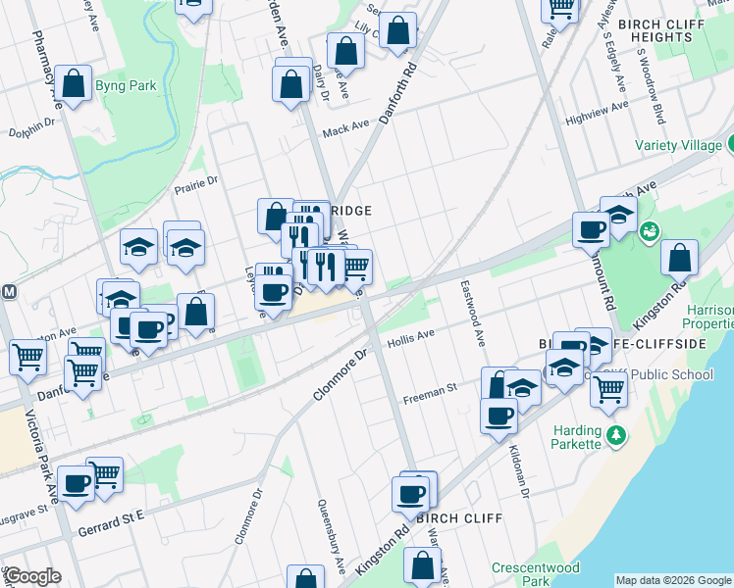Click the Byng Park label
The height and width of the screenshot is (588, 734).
127,85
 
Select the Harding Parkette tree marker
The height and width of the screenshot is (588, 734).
616,434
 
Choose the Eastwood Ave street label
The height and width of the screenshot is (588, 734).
471,312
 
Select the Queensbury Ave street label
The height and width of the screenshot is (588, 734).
330,535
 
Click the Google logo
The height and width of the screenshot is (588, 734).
32,577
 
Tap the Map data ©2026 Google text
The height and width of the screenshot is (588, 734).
673,579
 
